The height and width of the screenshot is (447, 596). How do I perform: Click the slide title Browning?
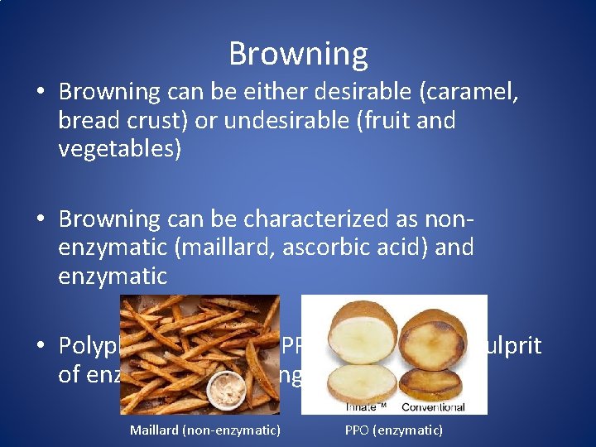click(298, 54)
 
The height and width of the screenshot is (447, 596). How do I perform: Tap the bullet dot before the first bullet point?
click(41, 92)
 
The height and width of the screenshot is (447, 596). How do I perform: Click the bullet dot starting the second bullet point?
click(41, 219)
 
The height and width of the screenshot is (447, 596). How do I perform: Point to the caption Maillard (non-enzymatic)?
click(204, 430)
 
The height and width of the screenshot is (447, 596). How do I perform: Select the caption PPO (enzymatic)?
click(393, 430)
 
